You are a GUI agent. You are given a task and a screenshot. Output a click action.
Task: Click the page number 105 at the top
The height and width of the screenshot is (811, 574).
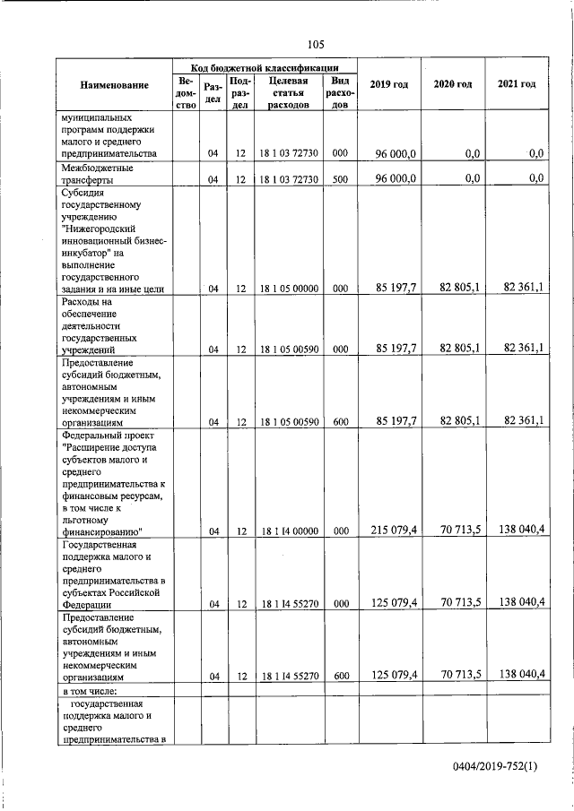click(315, 45)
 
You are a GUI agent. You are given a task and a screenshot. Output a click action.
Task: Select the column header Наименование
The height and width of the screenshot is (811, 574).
click(114, 85)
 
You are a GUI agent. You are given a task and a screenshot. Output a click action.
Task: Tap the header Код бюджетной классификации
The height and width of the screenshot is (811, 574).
click(265, 67)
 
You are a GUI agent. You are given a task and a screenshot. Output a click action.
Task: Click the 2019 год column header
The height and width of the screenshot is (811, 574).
click(389, 84)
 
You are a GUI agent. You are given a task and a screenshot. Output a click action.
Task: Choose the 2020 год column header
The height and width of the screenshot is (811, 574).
click(453, 84)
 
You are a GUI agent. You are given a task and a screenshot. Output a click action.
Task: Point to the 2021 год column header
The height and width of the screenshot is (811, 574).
click(517, 84)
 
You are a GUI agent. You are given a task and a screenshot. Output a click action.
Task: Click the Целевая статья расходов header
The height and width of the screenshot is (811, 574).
click(288, 92)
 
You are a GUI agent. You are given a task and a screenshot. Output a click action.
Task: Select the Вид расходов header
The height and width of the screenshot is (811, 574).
click(339, 92)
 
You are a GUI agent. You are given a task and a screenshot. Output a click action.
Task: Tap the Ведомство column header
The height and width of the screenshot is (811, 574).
click(187, 92)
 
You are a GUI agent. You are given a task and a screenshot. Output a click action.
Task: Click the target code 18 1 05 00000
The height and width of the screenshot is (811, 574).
click(289, 289)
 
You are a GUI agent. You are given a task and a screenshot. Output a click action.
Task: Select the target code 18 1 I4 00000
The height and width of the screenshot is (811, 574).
click(289, 531)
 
